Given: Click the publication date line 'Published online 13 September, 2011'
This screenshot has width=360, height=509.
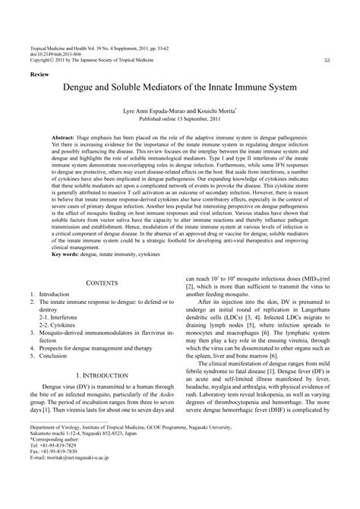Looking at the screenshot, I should [179, 119].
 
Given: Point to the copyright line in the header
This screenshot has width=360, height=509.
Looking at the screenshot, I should [89, 60].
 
